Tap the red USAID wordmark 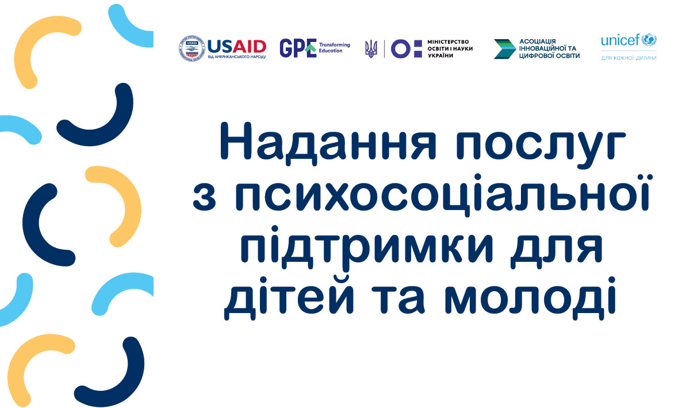(237, 46)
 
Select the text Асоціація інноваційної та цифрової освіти (549, 49)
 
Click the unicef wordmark (620, 40)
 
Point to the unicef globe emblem (650, 40)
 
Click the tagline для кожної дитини (628, 58)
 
